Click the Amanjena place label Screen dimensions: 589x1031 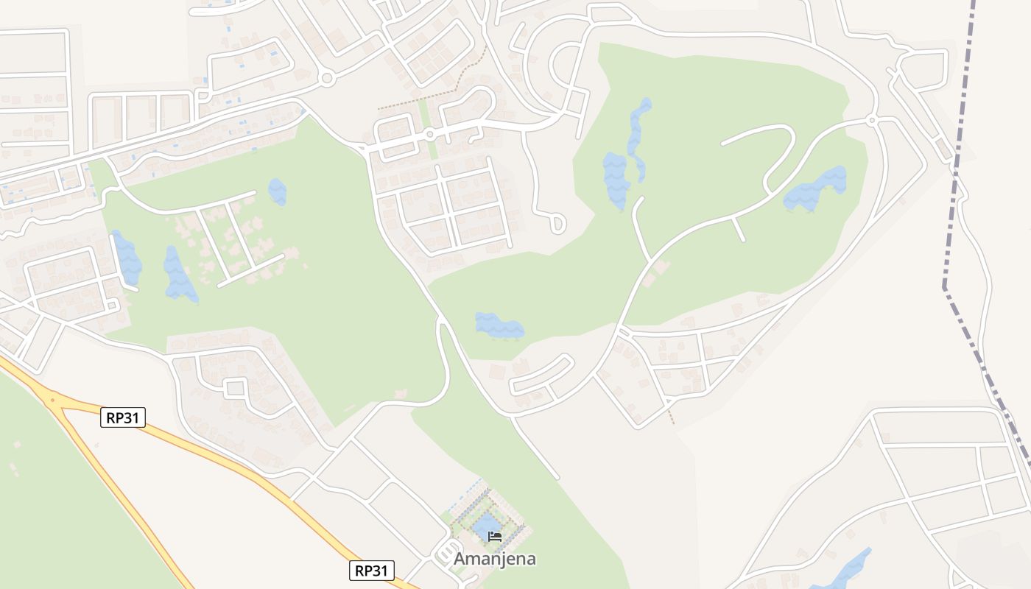coord(494,559)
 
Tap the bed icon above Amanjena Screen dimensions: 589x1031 coord(495,536)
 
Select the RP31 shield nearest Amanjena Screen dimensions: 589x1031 coord(372,570)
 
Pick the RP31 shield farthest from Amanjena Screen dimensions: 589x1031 coord(123,418)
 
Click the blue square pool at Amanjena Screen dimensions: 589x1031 coord(485,528)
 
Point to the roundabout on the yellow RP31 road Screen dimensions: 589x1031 coord(52,401)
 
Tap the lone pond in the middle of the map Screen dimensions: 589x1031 coord(499,325)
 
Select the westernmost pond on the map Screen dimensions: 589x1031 coord(126,258)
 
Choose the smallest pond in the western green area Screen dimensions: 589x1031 coord(278,191)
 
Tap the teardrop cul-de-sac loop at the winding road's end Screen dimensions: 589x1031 coord(557,222)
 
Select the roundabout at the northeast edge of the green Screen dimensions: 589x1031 coord(872,119)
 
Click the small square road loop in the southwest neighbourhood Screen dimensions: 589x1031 coord(235,387)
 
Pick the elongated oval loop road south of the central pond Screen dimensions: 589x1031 coord(542,374)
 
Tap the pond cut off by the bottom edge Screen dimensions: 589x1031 coord(847,571)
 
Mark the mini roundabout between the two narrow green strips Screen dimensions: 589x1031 coord(429,135)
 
